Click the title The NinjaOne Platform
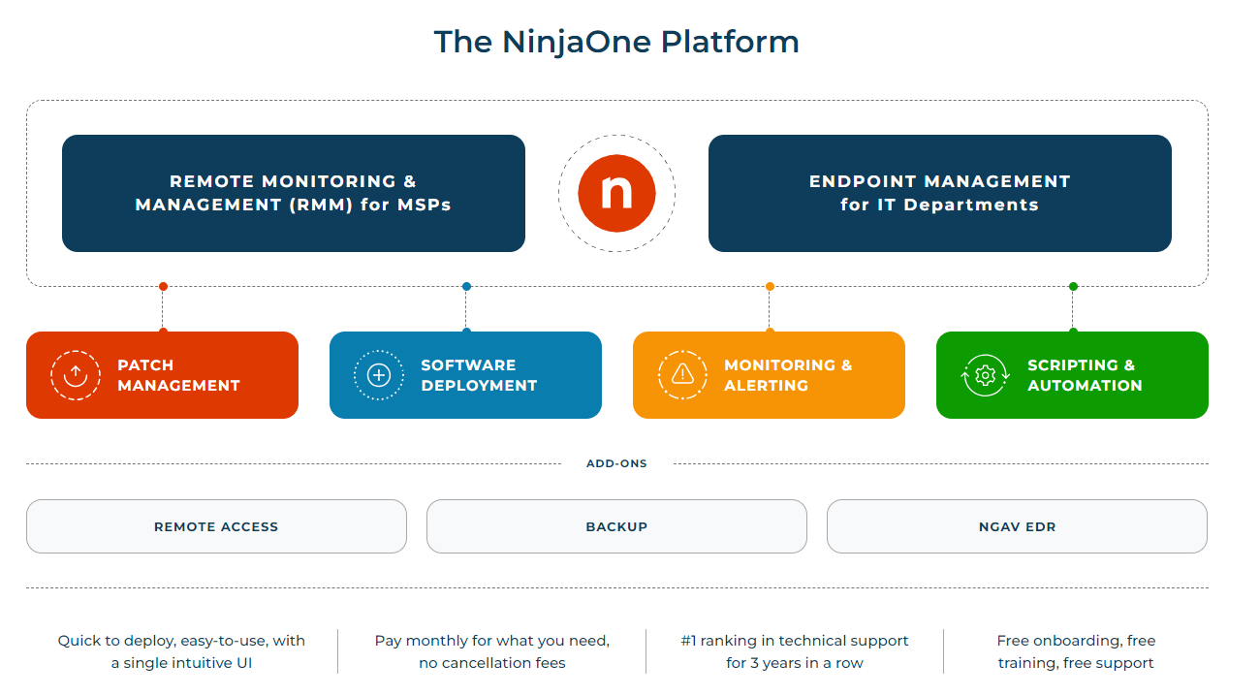[616, 42]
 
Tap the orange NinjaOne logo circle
[616, 193]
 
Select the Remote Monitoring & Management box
[293, 193]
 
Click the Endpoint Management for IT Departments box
[939, 193]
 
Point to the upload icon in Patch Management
[76, 375]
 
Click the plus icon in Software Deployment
[379, 375]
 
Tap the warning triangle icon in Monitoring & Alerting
[682, 375]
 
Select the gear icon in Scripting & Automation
[986, 375]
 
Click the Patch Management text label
[178, 375]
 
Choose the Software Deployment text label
[479, 375]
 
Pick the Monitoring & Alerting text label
[787, 375]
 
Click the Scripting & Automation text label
[1084, 375]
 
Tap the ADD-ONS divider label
[616, 463]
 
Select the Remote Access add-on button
[216, 526]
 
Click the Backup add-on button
[616, 526]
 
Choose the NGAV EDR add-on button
[1017, 526]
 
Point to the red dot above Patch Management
[163, 286]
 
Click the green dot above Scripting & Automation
[1073, 286]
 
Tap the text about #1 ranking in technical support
[795, 651]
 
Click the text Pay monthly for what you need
[492, 641]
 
